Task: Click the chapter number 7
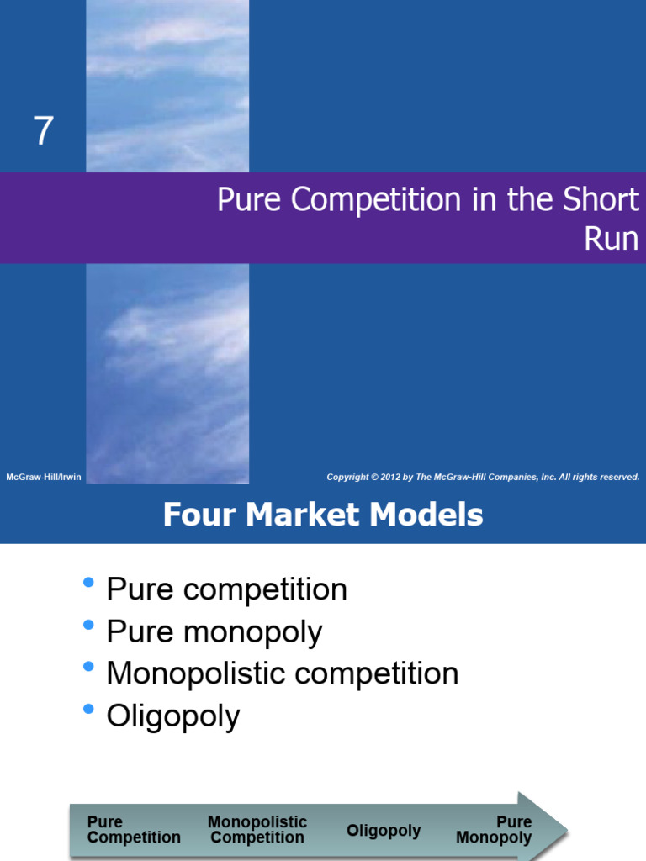click(x=44, y=132)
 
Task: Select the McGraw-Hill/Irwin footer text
click(x=44, y=478)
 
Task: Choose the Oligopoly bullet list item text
click(x=173, y=717)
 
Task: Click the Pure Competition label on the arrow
click(x=134, y=830)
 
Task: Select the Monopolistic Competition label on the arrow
click(x=257, y=830)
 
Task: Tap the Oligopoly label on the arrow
click(x=384, y=831)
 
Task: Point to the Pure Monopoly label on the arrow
click(x=495, y=830)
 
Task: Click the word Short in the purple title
click(x=598, y=200)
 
